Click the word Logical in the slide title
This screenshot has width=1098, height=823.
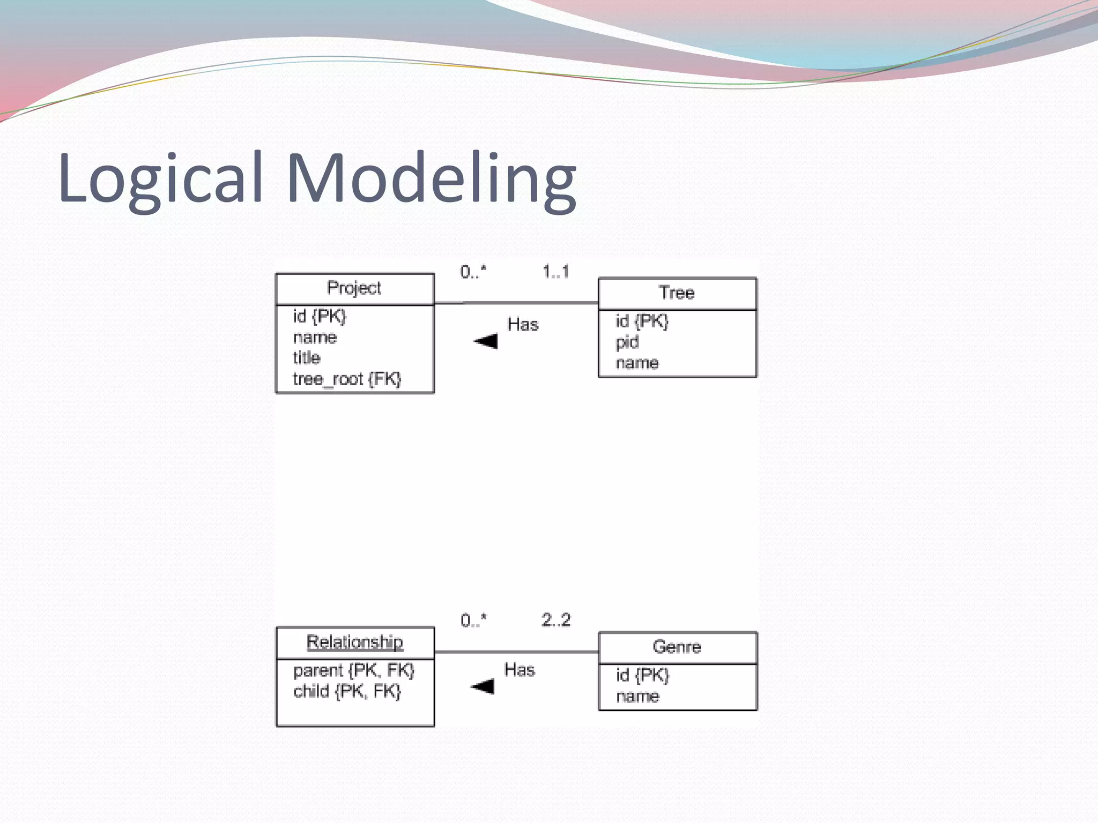(160, 178)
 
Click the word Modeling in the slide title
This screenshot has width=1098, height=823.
(432, 178)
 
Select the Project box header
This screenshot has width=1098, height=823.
(354, 288)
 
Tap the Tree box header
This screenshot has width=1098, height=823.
(677, 293)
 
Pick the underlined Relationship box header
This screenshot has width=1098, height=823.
(354, 642)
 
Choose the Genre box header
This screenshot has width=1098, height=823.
(677, 647)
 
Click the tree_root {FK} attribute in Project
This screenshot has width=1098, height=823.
(346, 379)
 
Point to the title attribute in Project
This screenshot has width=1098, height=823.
(306, 358)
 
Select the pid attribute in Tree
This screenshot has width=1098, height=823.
(627, 342)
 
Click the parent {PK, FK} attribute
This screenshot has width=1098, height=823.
(353, 670)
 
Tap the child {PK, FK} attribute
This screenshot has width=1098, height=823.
(347, 692)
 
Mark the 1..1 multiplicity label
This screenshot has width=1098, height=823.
(555, 272)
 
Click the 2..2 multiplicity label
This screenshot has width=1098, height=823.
(556, 620)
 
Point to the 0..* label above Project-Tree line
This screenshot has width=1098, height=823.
(473, 272)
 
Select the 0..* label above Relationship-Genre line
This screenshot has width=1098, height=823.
(473, 620)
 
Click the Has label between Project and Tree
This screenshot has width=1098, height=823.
(523, 325)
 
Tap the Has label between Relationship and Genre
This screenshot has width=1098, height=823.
(520, 670)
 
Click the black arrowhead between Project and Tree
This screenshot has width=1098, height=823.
(487, 341)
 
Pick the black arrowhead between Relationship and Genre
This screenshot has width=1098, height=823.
(483, 686)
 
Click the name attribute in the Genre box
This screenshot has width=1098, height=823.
(637, 697)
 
